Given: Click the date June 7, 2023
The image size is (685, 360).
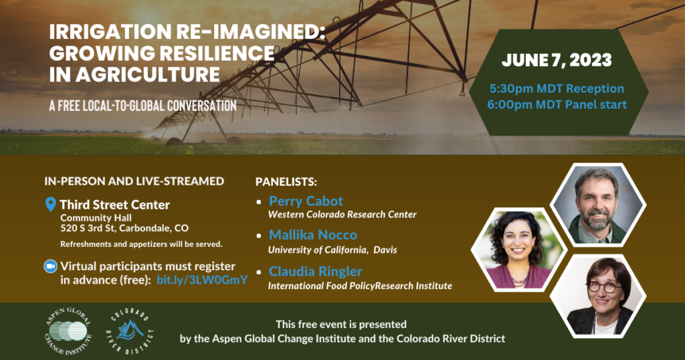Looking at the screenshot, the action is point(557,60).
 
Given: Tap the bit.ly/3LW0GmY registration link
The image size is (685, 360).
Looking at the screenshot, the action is point(202,280).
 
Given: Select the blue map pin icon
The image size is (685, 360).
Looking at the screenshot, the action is point(51,204).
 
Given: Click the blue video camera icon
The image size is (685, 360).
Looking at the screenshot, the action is point(51,266).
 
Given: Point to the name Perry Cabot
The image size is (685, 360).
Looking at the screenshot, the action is point(306,201).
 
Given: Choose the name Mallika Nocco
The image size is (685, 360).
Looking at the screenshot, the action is point(313,235).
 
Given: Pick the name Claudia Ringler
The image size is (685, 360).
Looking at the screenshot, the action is point(316,271).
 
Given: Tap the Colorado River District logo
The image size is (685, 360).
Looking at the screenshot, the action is point(130,331).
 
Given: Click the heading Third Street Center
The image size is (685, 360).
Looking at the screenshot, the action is point(114,205).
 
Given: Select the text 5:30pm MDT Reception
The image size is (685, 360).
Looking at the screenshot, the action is point(557,88).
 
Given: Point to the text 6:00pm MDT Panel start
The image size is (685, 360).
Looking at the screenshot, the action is point(557,104).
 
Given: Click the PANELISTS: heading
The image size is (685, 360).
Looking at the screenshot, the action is point(286,181).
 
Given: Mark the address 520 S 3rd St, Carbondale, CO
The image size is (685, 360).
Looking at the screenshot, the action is point(124,228).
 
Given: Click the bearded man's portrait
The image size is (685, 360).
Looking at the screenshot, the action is point(597,205).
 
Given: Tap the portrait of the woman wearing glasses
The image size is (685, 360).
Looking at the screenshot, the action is point(598,296).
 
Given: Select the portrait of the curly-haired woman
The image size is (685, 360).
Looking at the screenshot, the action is point(518,250).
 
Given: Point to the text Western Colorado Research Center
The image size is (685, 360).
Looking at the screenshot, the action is point(342,215).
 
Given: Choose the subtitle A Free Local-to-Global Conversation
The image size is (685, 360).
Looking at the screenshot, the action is point(142,106).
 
